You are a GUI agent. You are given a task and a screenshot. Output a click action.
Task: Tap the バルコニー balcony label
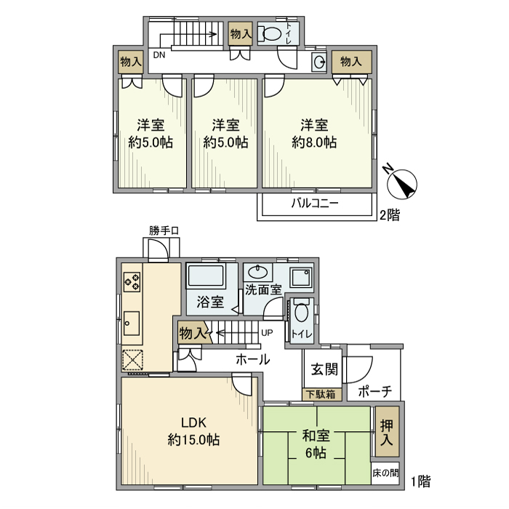point(315,204)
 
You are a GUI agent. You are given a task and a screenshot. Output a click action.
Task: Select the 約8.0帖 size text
point(314,143)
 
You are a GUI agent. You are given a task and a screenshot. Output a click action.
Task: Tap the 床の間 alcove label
point(385,472)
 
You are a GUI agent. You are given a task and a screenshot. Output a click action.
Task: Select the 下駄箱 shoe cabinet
point(320,395)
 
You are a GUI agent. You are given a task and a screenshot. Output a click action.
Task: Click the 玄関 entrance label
point(324,369)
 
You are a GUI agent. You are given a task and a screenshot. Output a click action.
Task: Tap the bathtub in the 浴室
point(207,278)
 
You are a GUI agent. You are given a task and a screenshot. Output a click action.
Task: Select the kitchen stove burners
point(132,281)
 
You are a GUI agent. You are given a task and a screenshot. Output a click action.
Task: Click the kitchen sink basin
point(132,321)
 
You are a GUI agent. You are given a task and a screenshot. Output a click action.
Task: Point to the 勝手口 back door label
point(164,231)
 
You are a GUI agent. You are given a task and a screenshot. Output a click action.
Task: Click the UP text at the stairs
point(267,332)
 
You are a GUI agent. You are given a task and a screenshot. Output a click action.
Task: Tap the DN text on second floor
point(158,54)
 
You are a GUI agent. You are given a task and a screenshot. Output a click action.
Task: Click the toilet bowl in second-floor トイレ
point(270,33)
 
